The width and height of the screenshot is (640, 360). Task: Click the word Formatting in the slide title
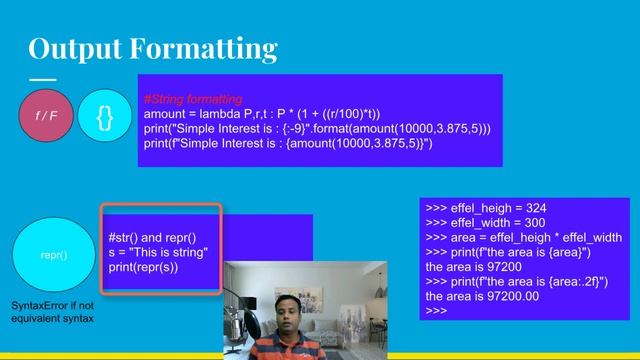[x=213, y=48]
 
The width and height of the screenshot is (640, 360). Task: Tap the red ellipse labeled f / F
[x=46, y=115]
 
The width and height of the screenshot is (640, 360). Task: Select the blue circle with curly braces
[x=104, y=115]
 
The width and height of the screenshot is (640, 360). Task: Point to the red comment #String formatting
[x=193, y=99]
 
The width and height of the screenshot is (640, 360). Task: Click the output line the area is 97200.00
[x=482, y=297]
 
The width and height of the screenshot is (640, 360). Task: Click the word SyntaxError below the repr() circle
[x=37, y=305]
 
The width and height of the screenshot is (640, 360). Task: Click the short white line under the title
[x=43, y=79]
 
